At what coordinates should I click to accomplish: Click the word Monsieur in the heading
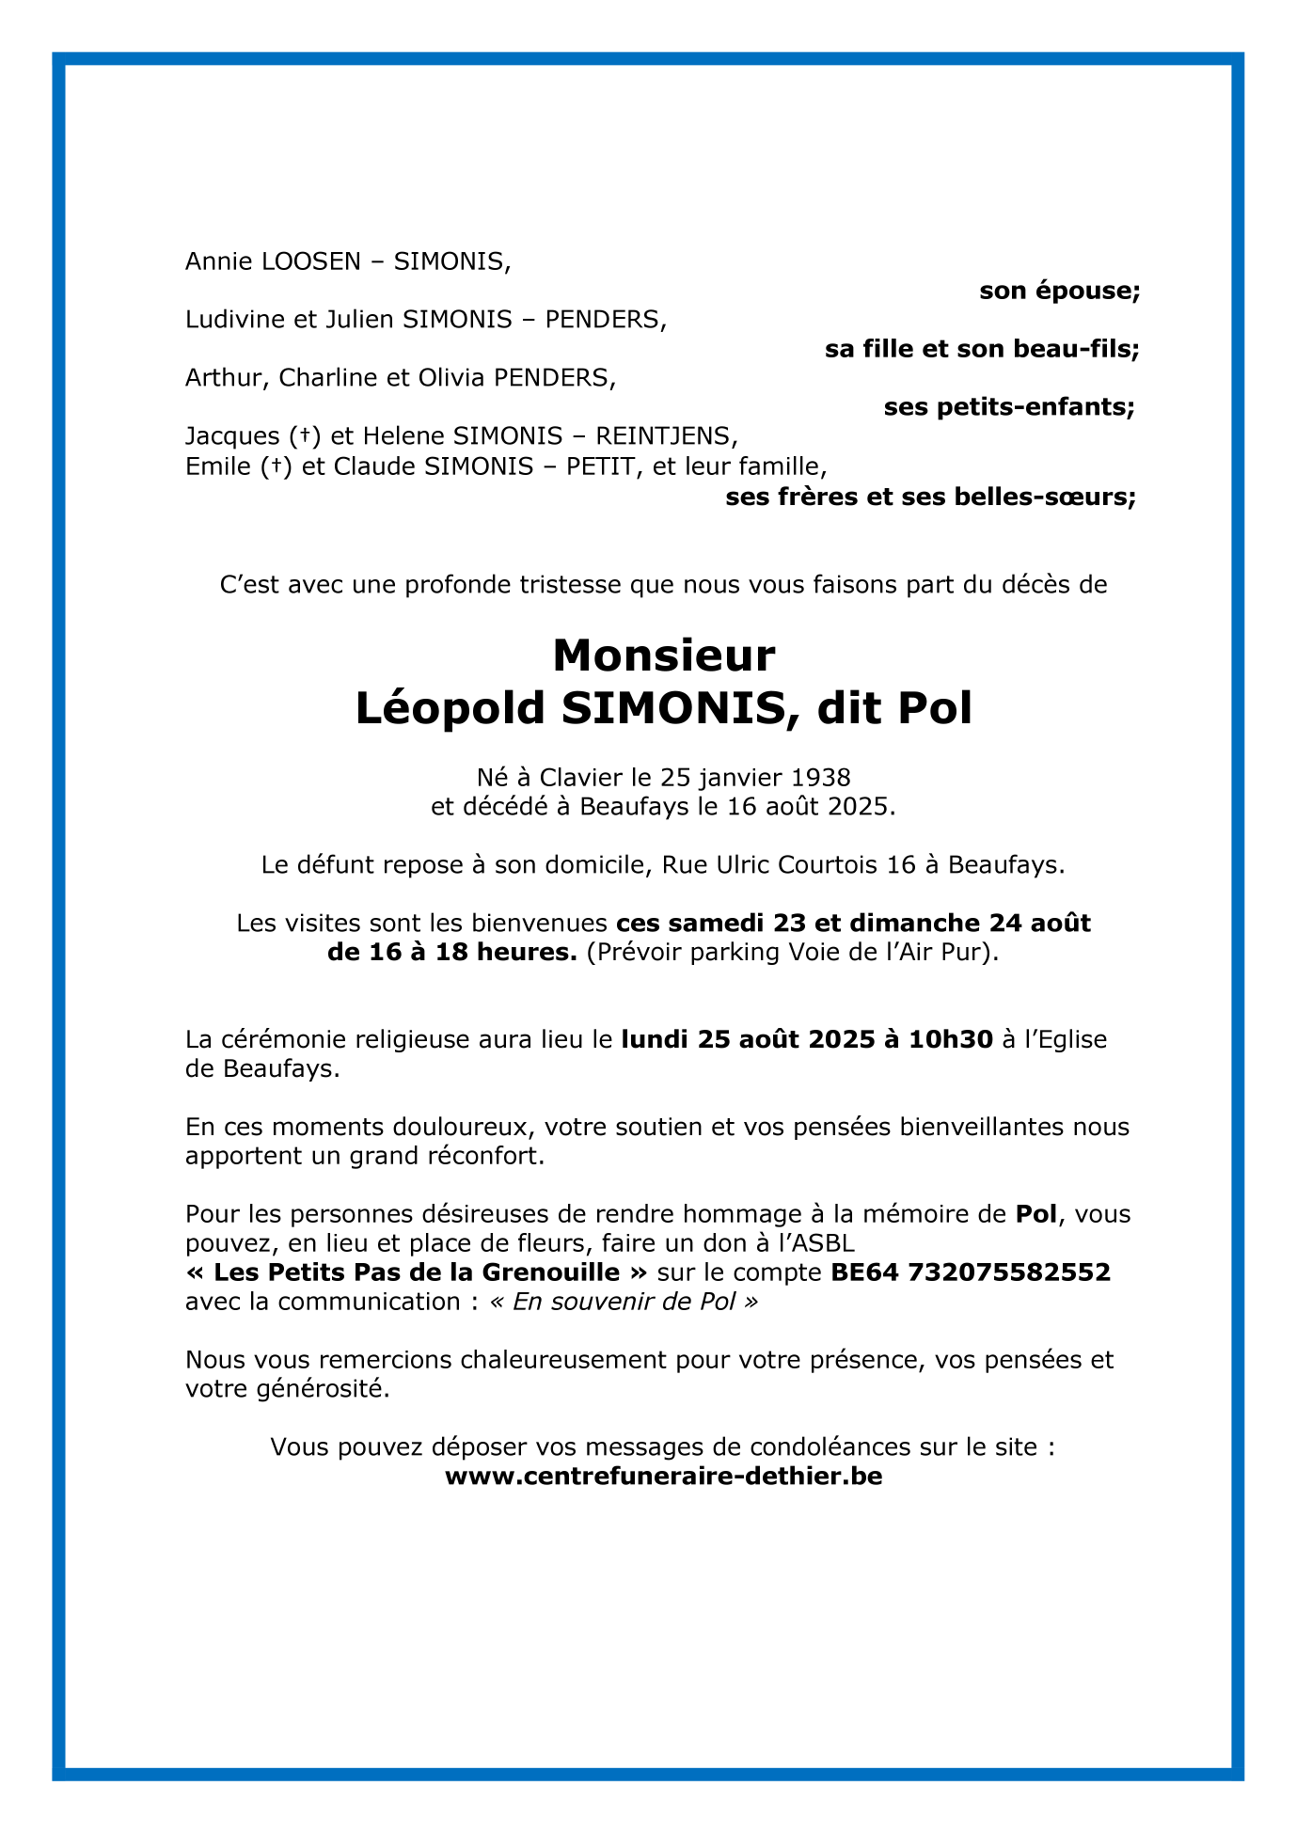point(664,656)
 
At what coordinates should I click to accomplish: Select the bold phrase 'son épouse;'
point(1059,292)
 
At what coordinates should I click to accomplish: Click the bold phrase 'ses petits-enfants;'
point(1009,408)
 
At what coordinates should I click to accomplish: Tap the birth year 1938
point(820,778)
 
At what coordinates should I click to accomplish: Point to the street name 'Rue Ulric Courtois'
point(771,865)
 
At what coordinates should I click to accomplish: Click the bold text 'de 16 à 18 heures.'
point(452,953)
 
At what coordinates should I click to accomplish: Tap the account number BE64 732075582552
point(971,1273)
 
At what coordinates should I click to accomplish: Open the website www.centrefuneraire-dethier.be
point(663,1477)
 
